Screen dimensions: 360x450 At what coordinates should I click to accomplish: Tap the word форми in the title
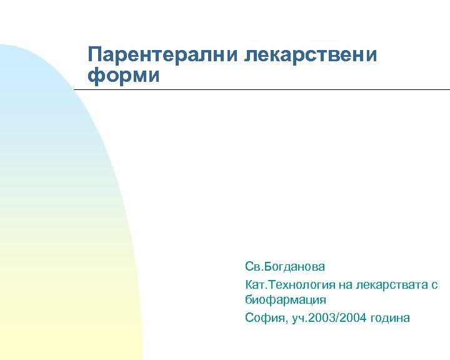pos(124,76)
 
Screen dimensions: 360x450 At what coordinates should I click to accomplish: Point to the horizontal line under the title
pos(262,90)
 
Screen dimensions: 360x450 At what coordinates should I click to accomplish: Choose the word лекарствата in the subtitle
pos(392,284)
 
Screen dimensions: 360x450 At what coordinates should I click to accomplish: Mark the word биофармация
pos(286,300)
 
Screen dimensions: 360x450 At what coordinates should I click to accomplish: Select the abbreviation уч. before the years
pos(299,319)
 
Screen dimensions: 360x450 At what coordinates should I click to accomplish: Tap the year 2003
pos(324,318)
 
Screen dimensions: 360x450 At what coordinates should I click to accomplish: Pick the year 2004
pos(355,318)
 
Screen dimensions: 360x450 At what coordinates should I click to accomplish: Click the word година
pos(391,319)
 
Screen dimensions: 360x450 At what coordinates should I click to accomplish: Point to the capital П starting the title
pos(95,54)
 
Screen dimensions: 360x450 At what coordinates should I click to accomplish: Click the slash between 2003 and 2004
pos(339,318)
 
